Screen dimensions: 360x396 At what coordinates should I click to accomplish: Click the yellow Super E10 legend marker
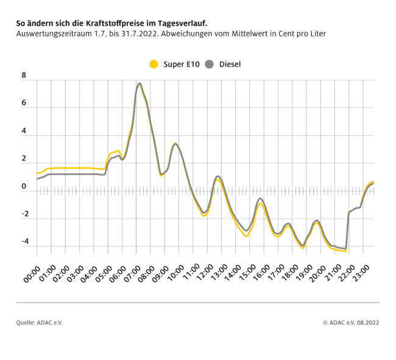(x=154, y=64)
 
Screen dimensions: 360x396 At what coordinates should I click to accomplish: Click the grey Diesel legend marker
(x=209, y=64)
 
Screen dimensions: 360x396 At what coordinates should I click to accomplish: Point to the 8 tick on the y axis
(x=24, y=76)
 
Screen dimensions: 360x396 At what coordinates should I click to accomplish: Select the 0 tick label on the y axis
(x=24, y=186)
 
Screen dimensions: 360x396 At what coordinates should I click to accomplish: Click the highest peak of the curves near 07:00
(x=140, y=83)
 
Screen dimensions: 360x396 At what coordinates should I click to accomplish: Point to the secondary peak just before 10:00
(x=175, y=144)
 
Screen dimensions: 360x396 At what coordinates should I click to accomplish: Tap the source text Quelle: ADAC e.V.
(x=39, y=322)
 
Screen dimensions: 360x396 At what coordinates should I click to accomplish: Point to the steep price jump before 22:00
(x=347, y=228)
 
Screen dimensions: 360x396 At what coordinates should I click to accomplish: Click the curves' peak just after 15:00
(x=260, y=199)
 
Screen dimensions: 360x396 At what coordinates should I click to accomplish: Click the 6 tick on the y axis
(x=24, y=104)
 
